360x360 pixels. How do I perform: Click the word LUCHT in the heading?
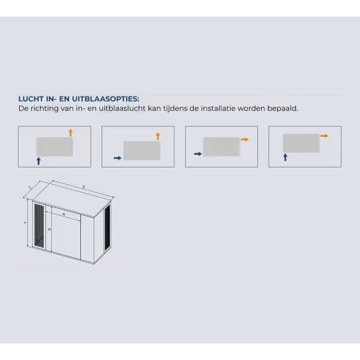tap(30, 99)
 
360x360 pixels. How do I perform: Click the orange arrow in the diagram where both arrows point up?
tap(70, 132)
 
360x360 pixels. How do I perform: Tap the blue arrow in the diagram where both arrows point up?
tap(38, 161)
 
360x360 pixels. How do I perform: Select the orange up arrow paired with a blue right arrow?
tap(158, 136)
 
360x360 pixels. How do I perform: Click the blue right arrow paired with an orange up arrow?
tap(117, 158)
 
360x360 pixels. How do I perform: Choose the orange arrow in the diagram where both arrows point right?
tap(244, 140)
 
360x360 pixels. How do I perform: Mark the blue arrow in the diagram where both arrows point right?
tap(197, 153)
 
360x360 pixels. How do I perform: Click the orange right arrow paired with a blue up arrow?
tap(324, 136)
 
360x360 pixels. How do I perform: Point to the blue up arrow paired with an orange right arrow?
tap(285, 157)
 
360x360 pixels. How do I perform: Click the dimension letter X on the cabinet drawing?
tap(83, 188)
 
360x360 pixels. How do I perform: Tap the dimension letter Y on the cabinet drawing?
tap(25, 223)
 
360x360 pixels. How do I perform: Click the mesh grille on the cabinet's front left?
tap(39, 225)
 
